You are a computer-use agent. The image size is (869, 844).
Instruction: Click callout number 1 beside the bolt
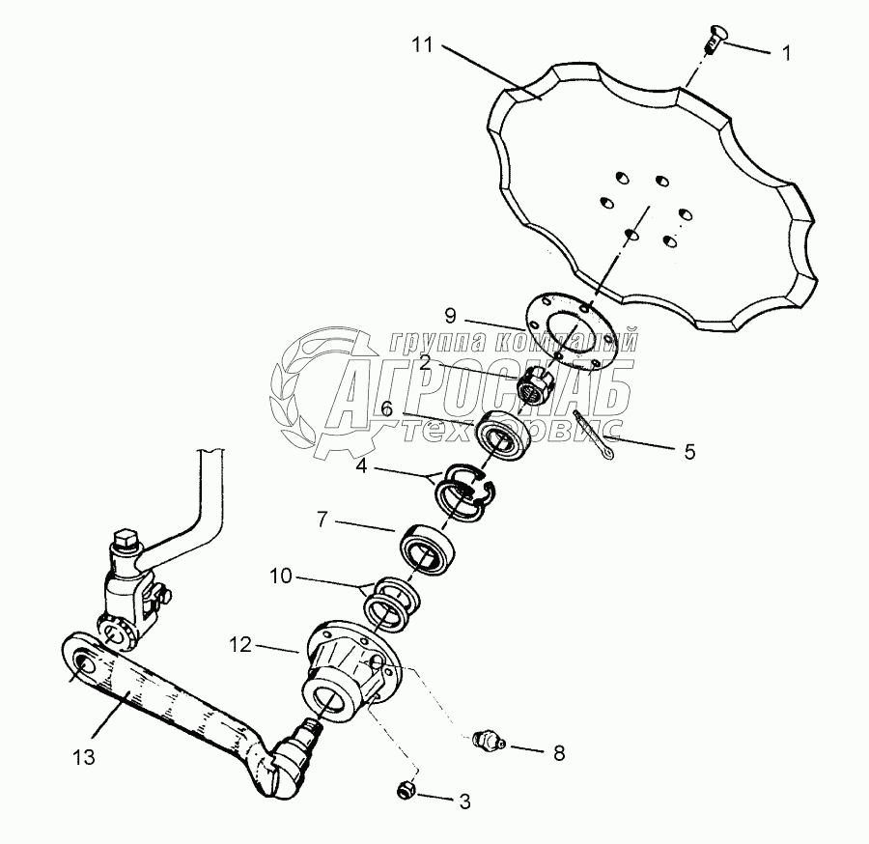click(786, 54)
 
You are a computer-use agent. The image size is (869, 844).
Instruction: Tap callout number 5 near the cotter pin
click(687, 451)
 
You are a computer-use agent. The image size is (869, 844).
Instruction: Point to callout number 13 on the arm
click(86, 758)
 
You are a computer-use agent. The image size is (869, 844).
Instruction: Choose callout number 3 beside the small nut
click(464, 800)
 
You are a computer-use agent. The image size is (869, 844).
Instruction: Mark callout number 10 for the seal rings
click(281, 578)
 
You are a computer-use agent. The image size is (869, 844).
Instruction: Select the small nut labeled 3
click(406, 791)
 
